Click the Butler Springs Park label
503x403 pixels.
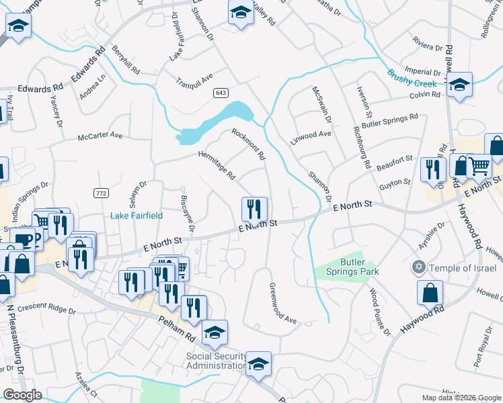pos(360,266)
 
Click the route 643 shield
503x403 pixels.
pos(221,92)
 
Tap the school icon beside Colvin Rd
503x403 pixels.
pos(459,85)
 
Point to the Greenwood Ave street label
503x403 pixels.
pos(282,304)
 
